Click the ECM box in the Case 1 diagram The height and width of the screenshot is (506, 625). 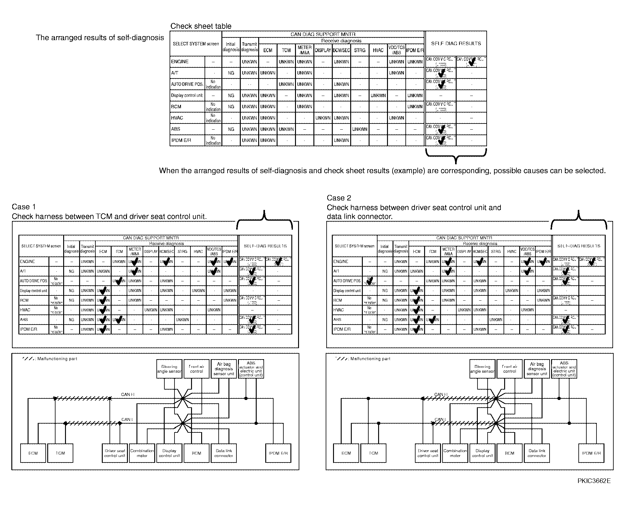(33, 453)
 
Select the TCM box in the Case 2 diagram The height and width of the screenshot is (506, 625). (374, 453)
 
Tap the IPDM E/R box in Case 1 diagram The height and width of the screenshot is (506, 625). (278, 453)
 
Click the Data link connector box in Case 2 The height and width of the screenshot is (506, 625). (537, 453)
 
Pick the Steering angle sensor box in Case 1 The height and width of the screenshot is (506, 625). (169, 369)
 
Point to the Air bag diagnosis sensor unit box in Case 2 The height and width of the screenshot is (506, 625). (537, 369)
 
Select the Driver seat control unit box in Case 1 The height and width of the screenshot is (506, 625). (115, 453)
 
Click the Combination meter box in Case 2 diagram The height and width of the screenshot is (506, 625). (455, 453)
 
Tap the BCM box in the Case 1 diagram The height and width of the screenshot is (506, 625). (197, 453)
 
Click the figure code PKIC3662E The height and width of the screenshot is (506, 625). (594, 489)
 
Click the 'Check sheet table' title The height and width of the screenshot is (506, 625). (201, 26)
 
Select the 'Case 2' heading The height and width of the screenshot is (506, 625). (339, 198)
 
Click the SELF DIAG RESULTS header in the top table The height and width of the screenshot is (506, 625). (456, 44)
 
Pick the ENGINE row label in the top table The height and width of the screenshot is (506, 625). (180, 62)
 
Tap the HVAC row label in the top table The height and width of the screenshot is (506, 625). (177, 118)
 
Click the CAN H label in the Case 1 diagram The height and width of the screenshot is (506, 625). (128, 394)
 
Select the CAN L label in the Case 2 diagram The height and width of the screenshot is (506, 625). (440, 420)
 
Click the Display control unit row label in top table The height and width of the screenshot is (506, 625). (187, 96)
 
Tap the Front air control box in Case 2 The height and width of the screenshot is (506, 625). (510, 369)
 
